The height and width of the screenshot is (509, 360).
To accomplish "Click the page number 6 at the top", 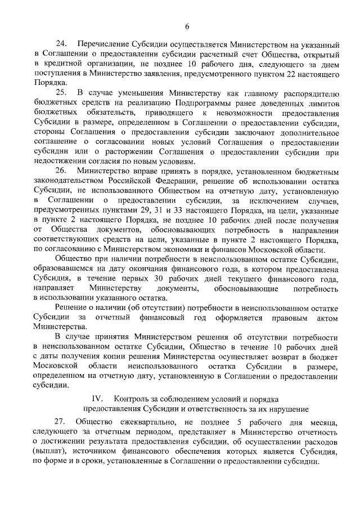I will pyautogui.click(x=187, y=25).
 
